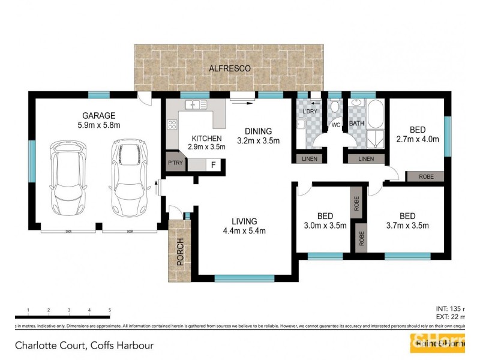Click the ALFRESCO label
230,68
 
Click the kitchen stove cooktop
172,125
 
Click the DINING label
259,131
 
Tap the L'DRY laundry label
310,112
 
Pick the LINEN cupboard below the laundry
309,159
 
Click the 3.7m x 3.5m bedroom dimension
408,226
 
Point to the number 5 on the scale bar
110,310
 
